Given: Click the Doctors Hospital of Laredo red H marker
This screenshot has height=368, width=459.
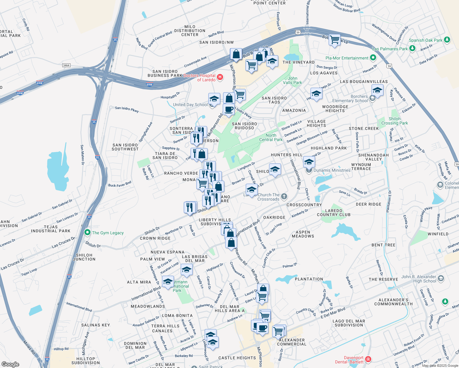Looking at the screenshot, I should [220, 77].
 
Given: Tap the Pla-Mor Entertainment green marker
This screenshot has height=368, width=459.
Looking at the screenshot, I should [373, 58].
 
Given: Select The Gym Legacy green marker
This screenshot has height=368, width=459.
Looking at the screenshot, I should [87, 232].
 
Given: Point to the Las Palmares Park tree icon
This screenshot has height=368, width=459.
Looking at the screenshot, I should [412, 48].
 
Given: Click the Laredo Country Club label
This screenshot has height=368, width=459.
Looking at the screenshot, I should [334, 213].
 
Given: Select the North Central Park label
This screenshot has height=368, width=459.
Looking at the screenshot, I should [271, 137].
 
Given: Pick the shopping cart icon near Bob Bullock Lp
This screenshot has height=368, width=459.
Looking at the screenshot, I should [334, 40].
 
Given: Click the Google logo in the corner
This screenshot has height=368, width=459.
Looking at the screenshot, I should [10, 364].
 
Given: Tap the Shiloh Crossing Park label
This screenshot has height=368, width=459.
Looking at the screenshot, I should [395, 121].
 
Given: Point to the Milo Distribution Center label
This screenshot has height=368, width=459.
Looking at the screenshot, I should [190, 31].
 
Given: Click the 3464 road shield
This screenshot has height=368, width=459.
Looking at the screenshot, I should [66, 65].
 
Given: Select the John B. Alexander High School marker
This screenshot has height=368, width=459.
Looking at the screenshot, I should [441, 278].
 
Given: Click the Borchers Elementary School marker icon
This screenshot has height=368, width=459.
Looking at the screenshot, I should [372, 98].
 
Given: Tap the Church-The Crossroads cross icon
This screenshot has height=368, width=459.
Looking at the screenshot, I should [284, 196].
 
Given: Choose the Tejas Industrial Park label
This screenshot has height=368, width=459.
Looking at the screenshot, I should [51, 229].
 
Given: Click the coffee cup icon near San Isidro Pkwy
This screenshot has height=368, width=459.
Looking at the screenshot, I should [229, 109].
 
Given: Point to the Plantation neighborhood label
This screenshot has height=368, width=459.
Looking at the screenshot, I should [309, 279].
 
